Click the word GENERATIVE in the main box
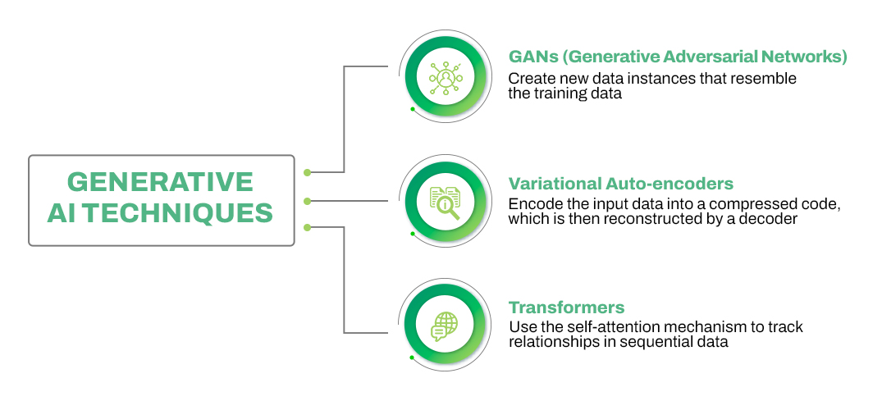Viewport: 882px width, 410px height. click(160, 181)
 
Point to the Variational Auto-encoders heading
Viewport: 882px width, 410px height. click(620, 183)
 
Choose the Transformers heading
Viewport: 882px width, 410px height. click(566, 307)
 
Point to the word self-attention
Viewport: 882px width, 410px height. click(600, 327)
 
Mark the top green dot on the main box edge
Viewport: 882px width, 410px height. click(307, 172)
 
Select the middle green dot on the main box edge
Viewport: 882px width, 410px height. click(307, 200)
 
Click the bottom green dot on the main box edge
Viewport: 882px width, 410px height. click(307, 227)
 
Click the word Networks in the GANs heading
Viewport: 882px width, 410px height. click(806, 57)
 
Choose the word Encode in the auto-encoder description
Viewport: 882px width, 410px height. click(532, 203)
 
